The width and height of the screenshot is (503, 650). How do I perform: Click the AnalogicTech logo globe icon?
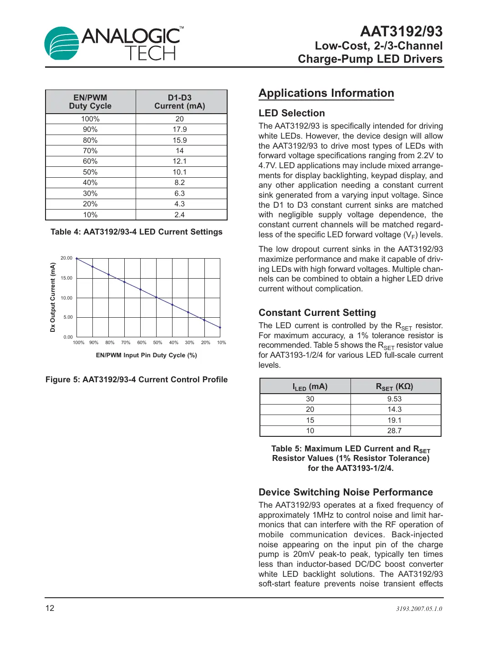tap(62, 43)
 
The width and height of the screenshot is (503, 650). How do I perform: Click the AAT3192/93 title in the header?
tap(401, 31)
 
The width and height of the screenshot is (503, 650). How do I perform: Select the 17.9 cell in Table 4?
tap(179, 130)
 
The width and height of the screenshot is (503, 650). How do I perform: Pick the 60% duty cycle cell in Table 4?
tap(90, 161)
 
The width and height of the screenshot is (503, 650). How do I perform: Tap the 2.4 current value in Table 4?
tap(179, 215)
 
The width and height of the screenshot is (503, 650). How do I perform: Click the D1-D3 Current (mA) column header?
tap(179, 102)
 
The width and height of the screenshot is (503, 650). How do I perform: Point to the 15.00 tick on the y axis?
tap(66, 278)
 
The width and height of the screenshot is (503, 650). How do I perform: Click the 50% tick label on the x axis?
tap(158, 343)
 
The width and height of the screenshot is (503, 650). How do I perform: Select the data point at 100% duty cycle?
tap(77, 259)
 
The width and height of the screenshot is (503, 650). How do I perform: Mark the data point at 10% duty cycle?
tap(220, 327)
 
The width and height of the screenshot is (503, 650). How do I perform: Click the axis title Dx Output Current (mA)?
tap(53, 297)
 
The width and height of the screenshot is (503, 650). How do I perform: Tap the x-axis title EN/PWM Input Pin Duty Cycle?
tap(146, 355)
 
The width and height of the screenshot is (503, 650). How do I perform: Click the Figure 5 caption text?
tap(137, 380)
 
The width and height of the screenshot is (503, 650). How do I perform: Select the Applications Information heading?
tap(326, 93)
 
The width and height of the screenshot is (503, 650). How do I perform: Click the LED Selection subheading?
tap(291, 113)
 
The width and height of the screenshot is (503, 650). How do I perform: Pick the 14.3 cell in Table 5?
tap(394, 410)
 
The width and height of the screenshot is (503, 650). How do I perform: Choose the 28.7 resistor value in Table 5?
tap(394, 431)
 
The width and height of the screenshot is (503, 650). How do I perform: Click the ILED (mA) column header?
tap(310, 387)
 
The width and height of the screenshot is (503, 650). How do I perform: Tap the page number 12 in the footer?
tap(50, 608)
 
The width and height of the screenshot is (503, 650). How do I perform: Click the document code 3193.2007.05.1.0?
tap(419, 609)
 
